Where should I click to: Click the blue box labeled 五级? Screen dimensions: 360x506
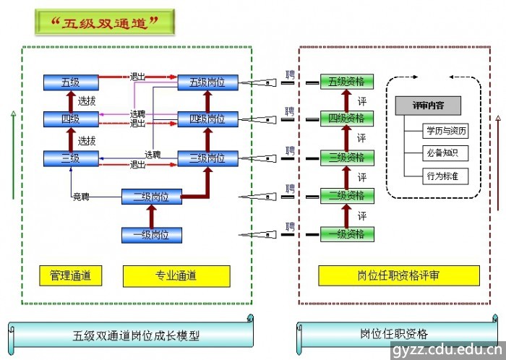70,82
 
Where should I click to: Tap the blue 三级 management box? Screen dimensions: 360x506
70,158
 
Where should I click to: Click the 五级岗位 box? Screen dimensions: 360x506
207,82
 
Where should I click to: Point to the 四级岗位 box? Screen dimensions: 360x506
207,119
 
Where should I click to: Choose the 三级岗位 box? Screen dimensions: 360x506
207,158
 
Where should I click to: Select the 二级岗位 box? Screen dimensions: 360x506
151,196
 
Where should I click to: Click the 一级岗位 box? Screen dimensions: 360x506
151,234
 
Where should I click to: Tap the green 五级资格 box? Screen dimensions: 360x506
347,82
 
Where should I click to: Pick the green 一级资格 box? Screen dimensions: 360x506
347,234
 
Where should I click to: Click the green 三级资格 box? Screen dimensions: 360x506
347,158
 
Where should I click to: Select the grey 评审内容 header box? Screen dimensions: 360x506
428,106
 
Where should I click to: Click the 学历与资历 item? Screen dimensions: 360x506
446,132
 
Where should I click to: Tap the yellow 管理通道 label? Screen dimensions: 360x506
70,275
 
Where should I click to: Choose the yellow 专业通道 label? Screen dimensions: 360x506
176,275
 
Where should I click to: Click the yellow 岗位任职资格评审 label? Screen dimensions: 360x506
399,275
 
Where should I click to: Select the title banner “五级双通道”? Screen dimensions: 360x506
106,22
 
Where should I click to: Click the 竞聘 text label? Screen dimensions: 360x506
80,196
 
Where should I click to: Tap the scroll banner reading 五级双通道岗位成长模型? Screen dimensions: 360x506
135,335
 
